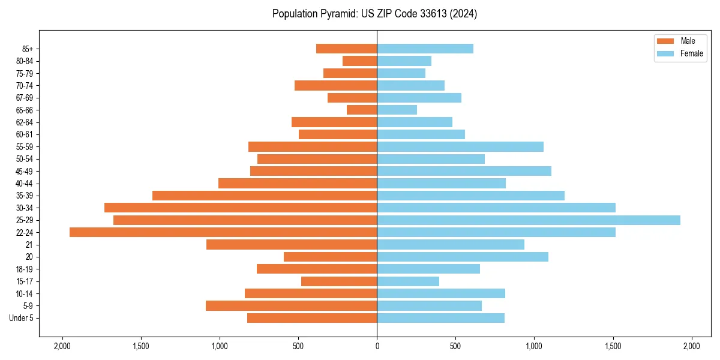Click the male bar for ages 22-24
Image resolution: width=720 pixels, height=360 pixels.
click(x=223, y=232)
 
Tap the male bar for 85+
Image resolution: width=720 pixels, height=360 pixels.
click(x=347, y=49)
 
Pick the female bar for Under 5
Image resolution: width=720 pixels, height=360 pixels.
click(x=440, y=318)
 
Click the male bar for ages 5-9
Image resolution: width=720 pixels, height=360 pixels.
click(x=292, y=306)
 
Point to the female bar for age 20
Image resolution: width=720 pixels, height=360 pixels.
click(x=463, y=257)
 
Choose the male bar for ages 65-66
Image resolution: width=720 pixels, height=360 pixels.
click(x=362, y=110)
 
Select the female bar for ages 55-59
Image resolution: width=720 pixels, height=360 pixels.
click(x=460, y=147)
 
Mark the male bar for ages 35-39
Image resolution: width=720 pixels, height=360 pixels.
click(x=265, y=196)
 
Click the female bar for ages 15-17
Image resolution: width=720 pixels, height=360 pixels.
click(x=408, y=281)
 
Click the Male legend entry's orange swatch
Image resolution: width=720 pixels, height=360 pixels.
click(x=666, y=41)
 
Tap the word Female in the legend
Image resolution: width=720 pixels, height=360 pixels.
click(x=692, y=53)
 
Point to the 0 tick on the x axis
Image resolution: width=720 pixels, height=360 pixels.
click(x=377, y=346)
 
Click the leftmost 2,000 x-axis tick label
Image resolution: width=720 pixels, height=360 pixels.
click(x=62, y=346)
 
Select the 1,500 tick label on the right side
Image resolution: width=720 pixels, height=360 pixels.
click(x=613, y=346)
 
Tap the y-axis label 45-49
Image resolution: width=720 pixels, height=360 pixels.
click(x=25, y=171)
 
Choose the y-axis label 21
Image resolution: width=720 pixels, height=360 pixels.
click(x=29, y=245)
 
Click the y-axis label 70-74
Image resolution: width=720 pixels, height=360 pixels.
click(x=25, y=86)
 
